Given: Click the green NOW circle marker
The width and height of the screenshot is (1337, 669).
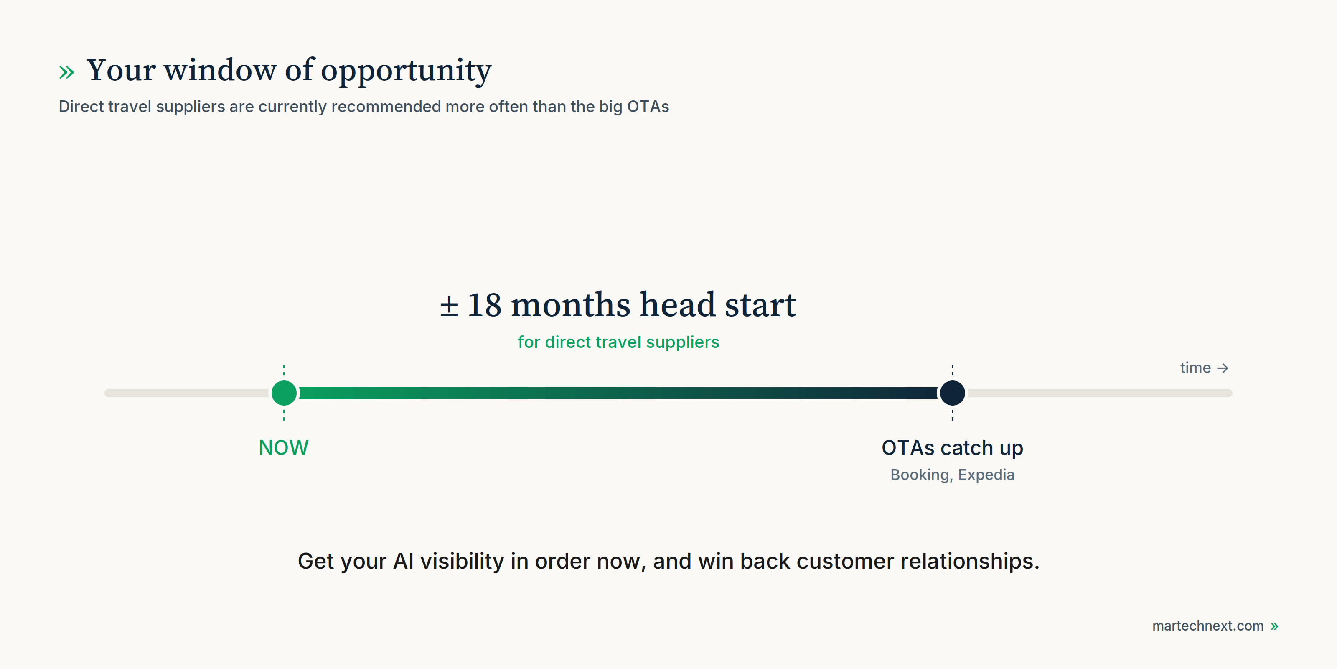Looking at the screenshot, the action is click(x=284, y=393).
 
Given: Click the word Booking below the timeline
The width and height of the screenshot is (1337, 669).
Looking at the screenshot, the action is click(x=920, y=475).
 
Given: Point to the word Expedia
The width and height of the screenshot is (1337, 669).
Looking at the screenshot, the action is click(x=986, y=475).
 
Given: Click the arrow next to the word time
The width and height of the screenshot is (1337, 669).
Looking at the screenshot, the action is click(x=1223, y=368).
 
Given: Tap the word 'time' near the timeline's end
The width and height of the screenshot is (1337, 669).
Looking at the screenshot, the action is click(x=1195, y=368).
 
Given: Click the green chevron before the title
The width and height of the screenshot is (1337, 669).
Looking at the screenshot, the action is click(x=66, y=72).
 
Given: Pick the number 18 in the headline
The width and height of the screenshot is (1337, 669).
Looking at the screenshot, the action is click(x=485, y=305).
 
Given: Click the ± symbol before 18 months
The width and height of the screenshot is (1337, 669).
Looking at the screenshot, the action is click(x=449, y=306).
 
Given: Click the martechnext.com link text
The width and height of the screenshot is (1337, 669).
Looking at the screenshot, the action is click(x=1208, y=626).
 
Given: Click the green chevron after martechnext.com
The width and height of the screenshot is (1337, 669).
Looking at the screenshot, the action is click(x=1274, y=626).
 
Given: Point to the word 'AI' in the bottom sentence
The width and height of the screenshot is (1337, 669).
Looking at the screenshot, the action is click(x=403, y=561).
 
